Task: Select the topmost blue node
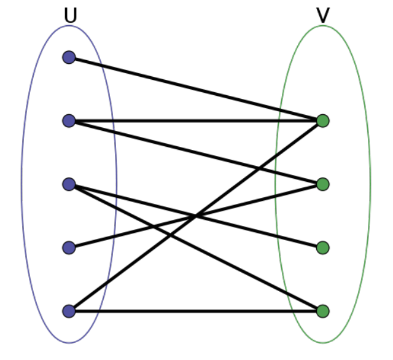coord(69,58)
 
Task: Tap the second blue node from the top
coord(69,120)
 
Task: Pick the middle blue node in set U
coord(69,184)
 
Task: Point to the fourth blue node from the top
coord(69,248)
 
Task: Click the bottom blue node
coord(69,311)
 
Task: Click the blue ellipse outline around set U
coord(22,184)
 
